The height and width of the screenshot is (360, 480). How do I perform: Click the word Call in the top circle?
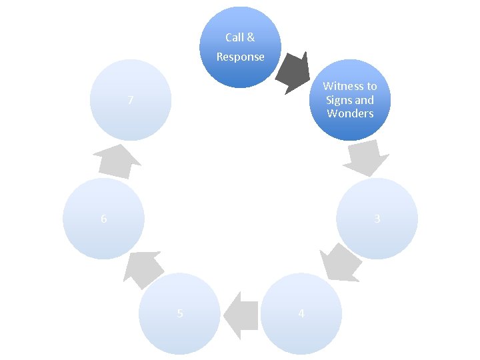click(234, 38)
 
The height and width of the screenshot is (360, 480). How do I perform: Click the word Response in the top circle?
click(240, 57)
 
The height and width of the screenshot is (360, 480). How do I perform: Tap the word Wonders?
click(350, 113)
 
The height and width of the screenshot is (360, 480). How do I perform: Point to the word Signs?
click(339, 100)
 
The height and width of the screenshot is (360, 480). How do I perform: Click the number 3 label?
click(377, 219)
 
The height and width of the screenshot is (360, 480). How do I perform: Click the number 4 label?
click(301, 314)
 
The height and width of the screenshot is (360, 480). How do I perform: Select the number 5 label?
click(180, 313)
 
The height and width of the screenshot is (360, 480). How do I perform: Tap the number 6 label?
click(103, 219)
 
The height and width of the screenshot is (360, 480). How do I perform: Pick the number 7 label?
click(131, 101)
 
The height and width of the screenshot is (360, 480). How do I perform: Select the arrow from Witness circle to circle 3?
click(366, 157)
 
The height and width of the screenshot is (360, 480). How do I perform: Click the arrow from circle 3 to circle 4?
click(340, 261)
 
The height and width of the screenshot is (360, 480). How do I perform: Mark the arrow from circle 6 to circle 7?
click(116, 161)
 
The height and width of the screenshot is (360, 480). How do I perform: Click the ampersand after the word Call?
click(251, 38)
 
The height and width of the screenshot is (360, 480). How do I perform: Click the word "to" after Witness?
click(371, 86)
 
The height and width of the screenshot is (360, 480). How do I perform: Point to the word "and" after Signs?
click(364, 100)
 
